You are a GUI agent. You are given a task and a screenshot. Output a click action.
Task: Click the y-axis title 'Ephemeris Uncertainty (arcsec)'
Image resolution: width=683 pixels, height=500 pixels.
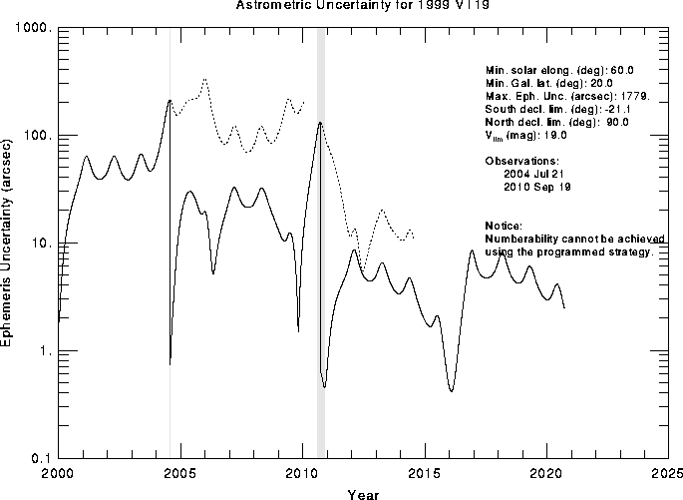point(9,244)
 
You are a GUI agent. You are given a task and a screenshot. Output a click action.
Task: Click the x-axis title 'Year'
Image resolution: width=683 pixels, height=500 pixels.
point(362,493)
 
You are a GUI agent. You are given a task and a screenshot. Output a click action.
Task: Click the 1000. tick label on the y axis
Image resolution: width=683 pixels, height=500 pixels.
point(33,29)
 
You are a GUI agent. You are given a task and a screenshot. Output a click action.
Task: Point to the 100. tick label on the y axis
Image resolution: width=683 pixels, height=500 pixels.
point(36,136)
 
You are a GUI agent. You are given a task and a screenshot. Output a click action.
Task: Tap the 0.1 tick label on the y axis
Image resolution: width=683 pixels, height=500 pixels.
point(40,457)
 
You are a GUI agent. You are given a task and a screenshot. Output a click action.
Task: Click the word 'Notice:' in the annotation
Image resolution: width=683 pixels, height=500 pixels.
point(504,226)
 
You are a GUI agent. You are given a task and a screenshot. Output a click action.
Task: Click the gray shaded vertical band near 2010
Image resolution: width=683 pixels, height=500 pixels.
point(321,250)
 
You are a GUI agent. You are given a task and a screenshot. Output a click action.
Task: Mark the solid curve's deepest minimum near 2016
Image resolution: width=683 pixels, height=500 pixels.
point(452,390)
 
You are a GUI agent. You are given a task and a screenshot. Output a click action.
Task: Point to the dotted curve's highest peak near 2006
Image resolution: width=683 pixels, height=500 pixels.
point(205,79)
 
